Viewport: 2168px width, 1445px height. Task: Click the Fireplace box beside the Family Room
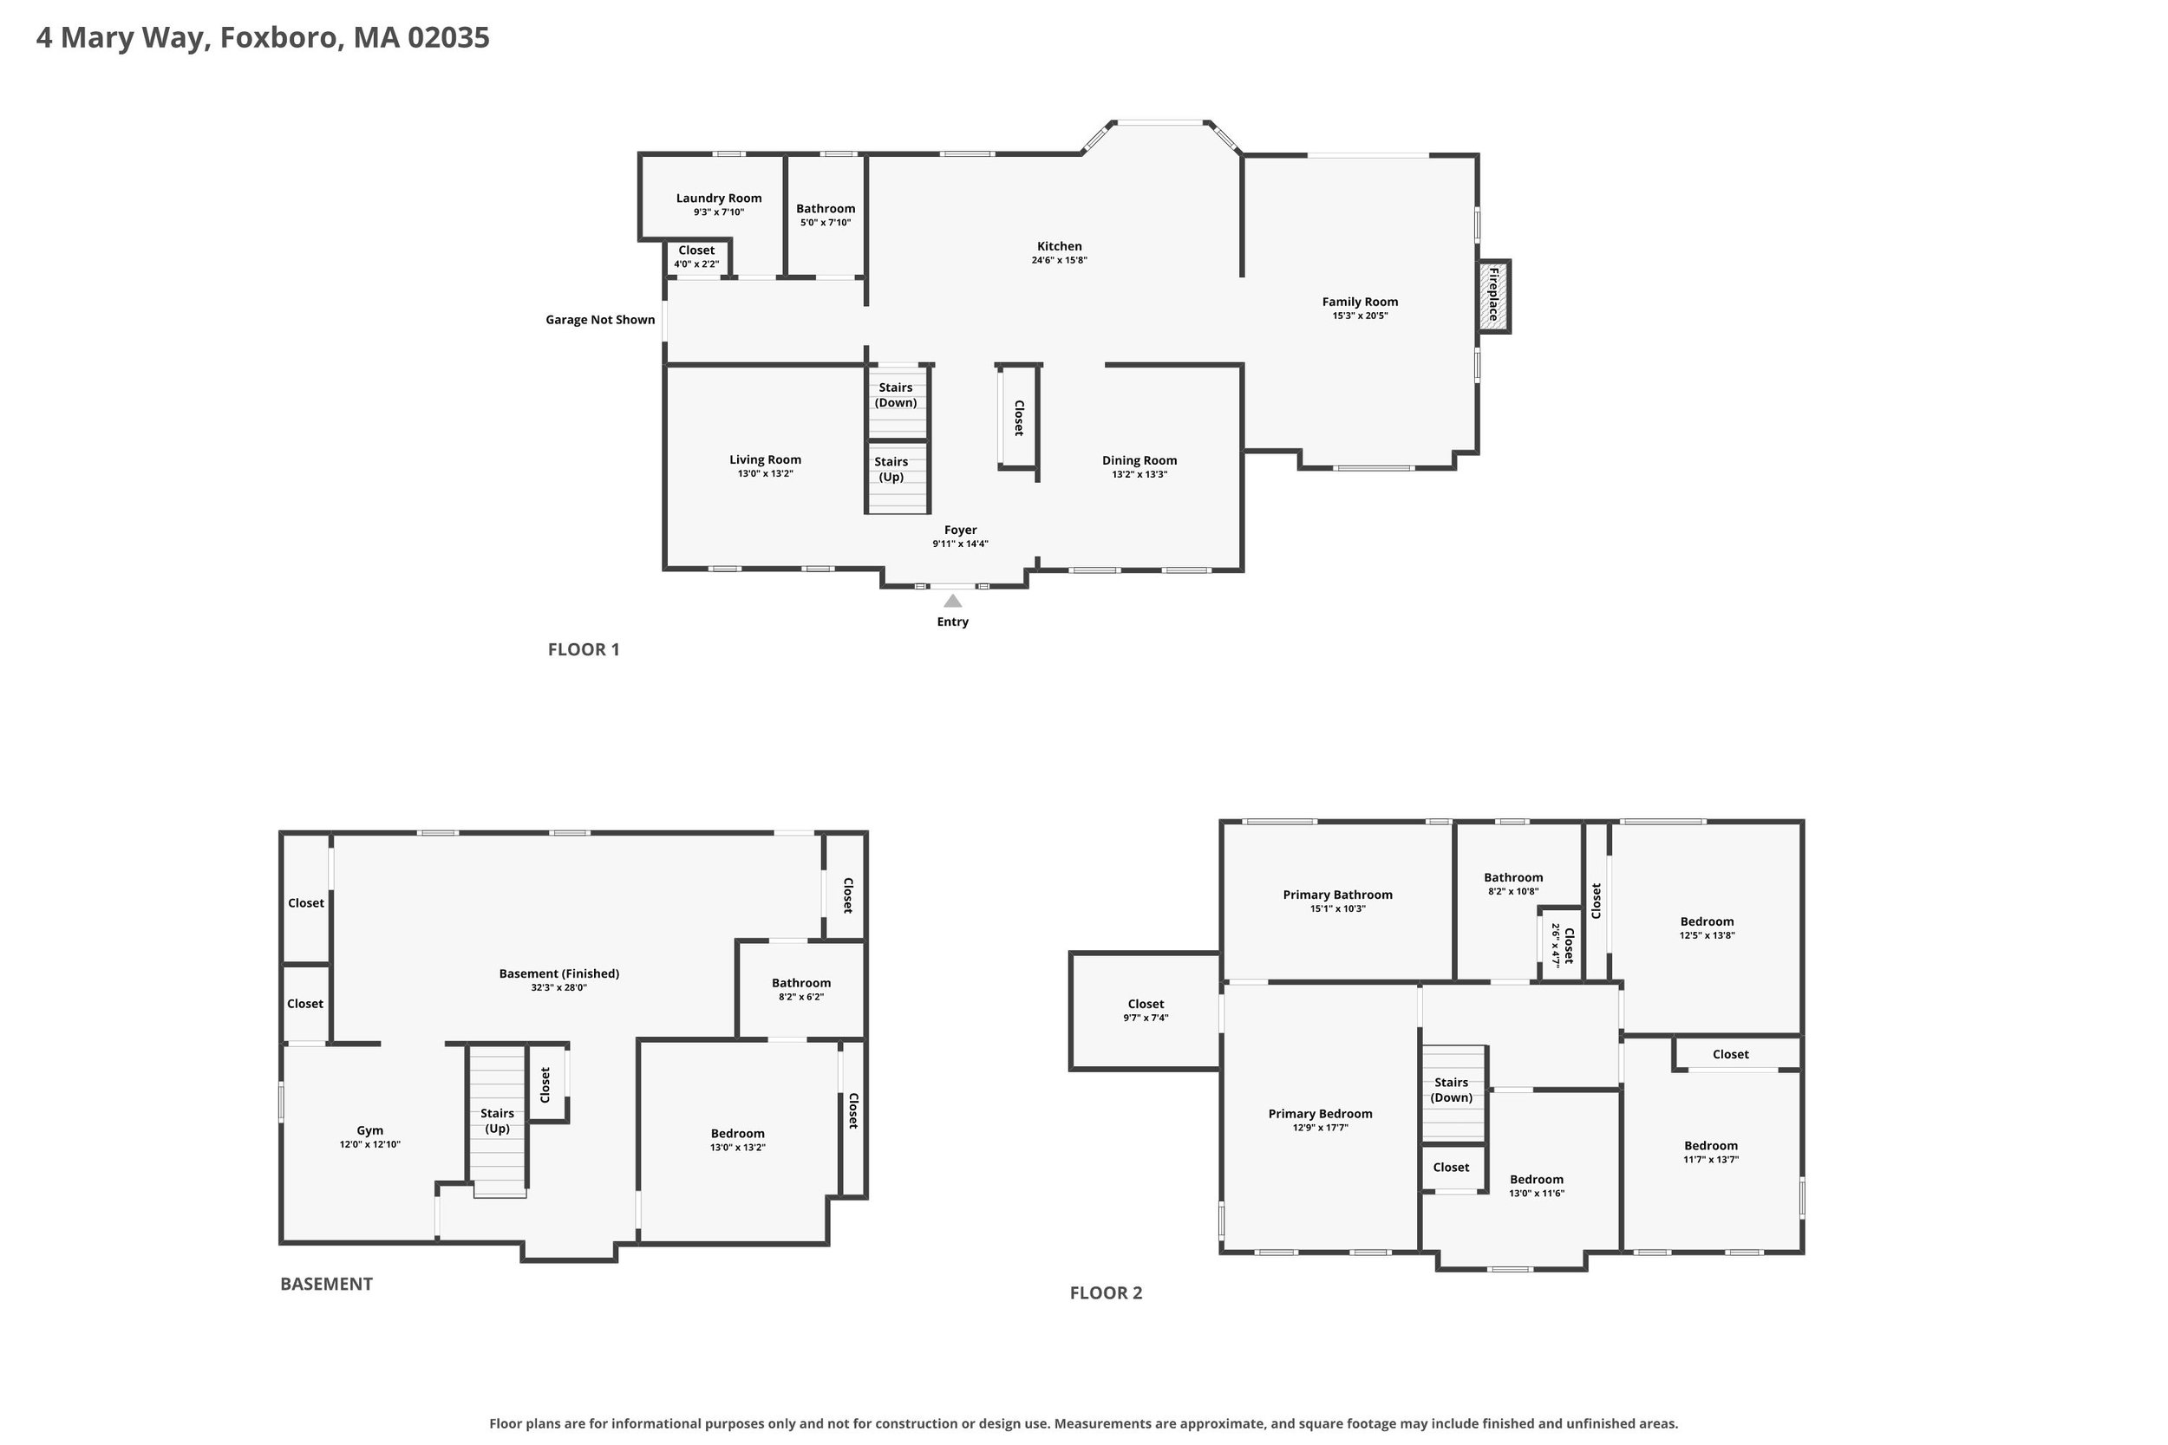pyautogui.click(x=1493, y=296)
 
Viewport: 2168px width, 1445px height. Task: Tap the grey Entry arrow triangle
pyautogui.click(x=953, y=601)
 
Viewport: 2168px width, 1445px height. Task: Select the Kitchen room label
pyautogui.click(x=1059, y=246)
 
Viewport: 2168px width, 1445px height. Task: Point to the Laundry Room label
pyautogui.click(x=719, y=199)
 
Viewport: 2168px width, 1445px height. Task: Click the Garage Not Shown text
pyautogui.click(x=600, y=320)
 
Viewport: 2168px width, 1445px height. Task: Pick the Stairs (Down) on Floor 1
pyautogui.click(x=896, y=403)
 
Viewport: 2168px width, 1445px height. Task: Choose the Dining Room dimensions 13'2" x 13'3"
pyautogui.click(x=1140, y=475)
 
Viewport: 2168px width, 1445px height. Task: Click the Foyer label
pyautogui.click(x=961, y=530)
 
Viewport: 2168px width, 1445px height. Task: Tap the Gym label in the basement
pyautogui.click(x=369, y=1129)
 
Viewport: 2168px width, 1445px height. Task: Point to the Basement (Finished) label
pyautogui.click(x=558, y=973)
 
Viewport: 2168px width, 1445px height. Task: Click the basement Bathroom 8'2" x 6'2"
pyautogui.click(x=801, y=988)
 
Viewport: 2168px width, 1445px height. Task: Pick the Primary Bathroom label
pyautogui.click(x=1337, y=895)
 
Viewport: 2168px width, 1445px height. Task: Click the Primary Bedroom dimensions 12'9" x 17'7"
pyautogui.click(x=1320, y=1127)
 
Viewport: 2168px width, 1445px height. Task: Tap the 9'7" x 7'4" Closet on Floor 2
pyautogui.click(x=1146, y=1010)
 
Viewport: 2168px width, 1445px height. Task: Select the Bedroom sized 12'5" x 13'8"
pyautogui.click(x=1706, y=928)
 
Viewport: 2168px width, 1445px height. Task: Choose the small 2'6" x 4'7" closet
pyautogui.click(x=1563, y=945)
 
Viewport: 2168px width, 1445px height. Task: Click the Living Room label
pyautogui.click(x=765, y=460)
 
